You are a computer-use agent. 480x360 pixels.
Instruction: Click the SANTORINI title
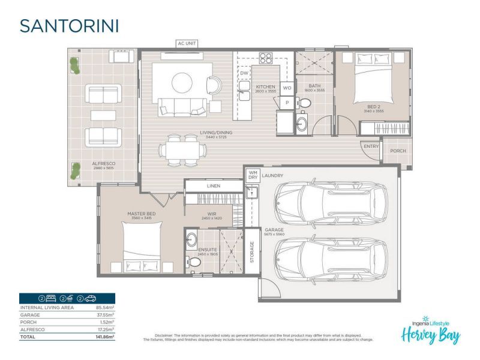(x=69, y=26)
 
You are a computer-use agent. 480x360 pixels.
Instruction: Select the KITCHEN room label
(x=265, y=87)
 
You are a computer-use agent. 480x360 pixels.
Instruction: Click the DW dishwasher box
(x=244, y=73)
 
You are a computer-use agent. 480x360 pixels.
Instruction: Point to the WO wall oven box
(x=287, y=88)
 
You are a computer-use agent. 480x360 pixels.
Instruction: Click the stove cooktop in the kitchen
(x=265, y=59)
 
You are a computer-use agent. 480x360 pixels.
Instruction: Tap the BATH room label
(x=315, y=86)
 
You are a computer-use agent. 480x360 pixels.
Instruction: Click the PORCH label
(x=398, y=151)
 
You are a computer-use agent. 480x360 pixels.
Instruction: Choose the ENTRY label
(x=371, y=146)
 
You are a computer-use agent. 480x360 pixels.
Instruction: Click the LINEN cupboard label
(x=214, y=186)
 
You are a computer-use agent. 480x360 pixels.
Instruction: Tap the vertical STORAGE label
(x=252, y=251)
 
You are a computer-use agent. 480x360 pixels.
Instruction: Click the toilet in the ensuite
(x=193, y=262)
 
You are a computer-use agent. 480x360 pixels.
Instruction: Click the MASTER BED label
(x=142, y=213)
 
